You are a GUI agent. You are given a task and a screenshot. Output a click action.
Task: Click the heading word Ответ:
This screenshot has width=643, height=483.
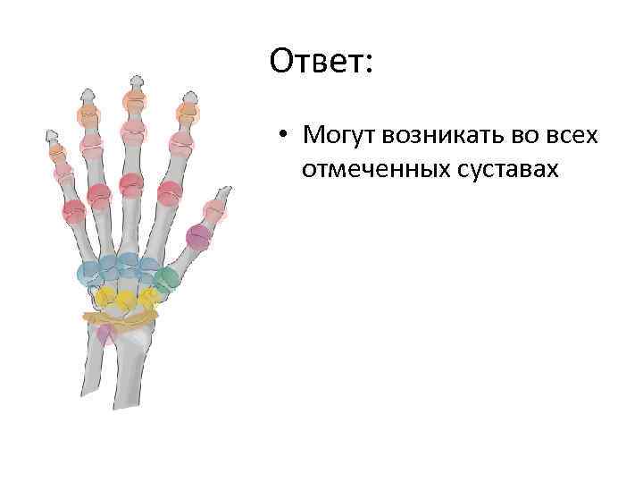click(323, 64)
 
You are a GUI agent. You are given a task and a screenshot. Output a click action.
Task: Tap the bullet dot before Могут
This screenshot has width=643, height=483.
click(280, 137)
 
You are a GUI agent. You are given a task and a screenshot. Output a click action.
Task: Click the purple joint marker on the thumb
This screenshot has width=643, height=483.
click(198, 237)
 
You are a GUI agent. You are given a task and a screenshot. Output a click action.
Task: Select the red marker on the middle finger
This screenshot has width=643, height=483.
click(131, 183)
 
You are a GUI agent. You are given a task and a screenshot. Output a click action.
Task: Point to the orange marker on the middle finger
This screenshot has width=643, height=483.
click(134, 99)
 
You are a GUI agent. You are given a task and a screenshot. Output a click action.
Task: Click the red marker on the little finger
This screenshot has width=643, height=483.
click(73, 210)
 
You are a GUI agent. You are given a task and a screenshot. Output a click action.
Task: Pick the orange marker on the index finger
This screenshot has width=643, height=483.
click(187, 112)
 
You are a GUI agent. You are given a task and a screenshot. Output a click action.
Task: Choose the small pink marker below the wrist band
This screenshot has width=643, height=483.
click(105, 334)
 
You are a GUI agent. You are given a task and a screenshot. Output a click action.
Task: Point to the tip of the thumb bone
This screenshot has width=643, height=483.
click(228, 190)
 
